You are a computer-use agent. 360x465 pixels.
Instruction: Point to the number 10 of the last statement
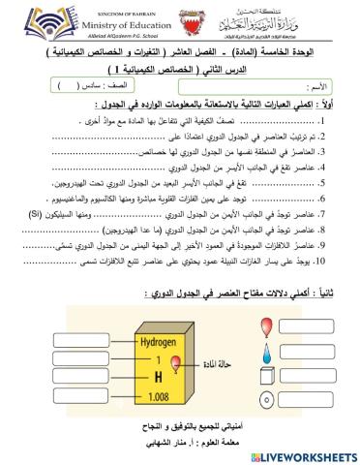click(345, 262)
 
